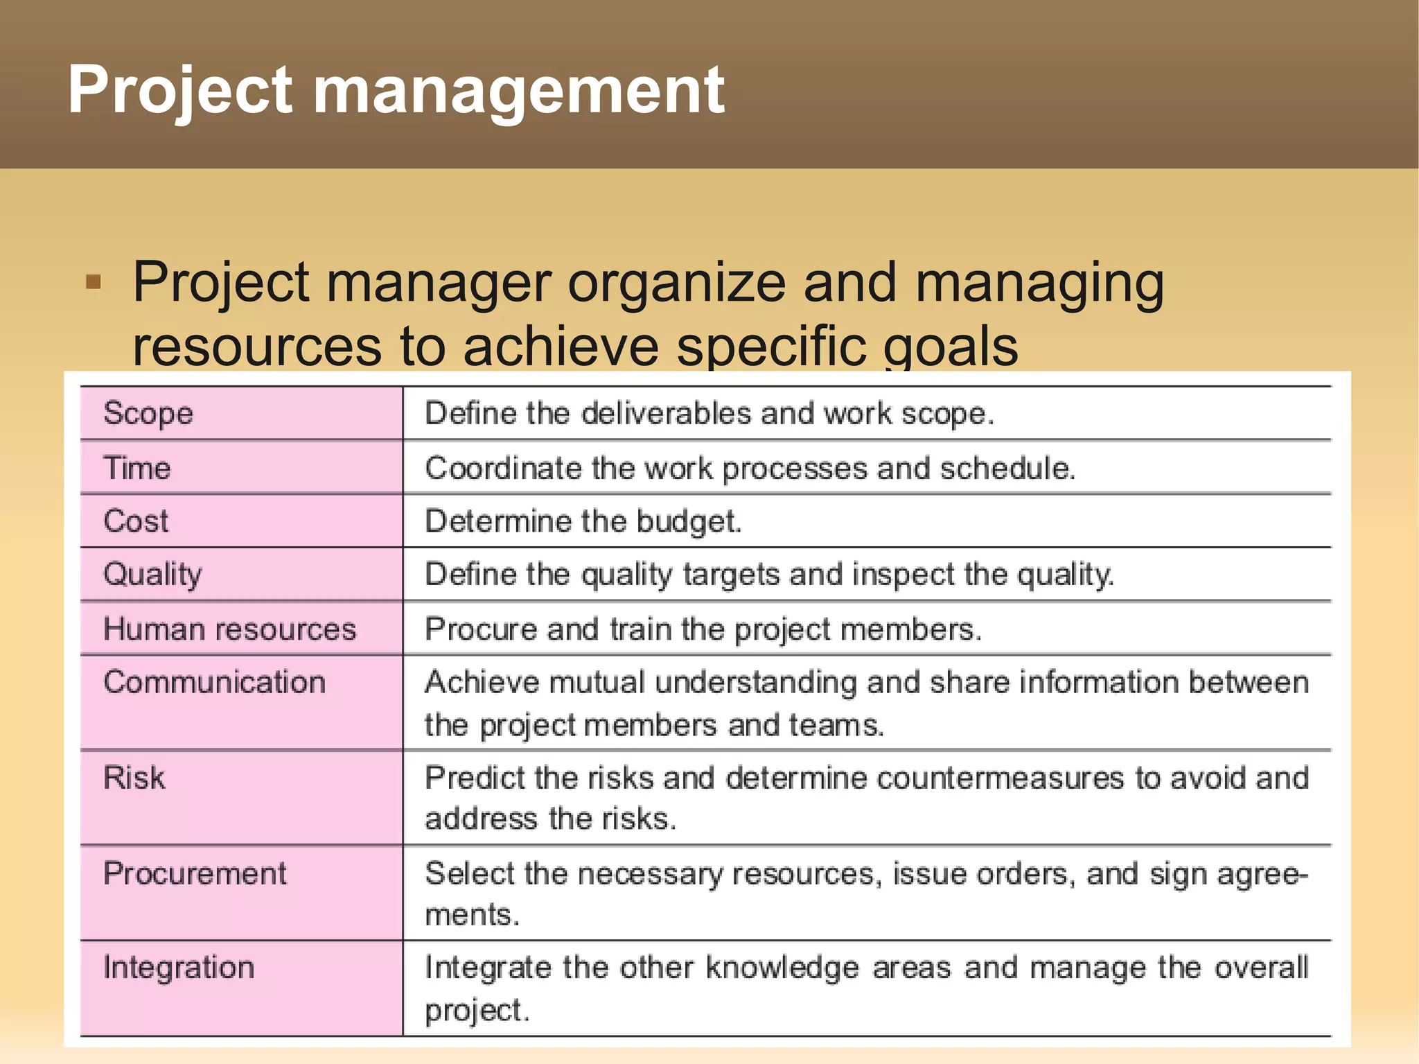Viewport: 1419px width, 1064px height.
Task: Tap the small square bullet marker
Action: tap(94, 282)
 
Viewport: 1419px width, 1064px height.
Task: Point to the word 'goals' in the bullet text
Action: tap(951, 346)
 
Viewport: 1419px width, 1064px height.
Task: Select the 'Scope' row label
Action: tap(148, 414)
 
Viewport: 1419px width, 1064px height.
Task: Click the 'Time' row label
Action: tap(137, 468)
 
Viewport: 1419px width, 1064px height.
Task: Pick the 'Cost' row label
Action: tap(136, 521)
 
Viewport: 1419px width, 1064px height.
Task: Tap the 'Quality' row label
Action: tap(152, 575)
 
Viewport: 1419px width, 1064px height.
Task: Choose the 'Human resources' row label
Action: tap(229, 629)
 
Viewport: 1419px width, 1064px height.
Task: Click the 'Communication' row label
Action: tap(214, 683)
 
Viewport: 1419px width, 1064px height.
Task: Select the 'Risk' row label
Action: tap(134, 778)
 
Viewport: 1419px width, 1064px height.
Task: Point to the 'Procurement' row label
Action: tap(195, 873)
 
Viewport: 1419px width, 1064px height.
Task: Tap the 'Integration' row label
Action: tap(179, 968)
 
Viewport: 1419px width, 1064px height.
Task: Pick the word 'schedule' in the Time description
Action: tap(1007, 469)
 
